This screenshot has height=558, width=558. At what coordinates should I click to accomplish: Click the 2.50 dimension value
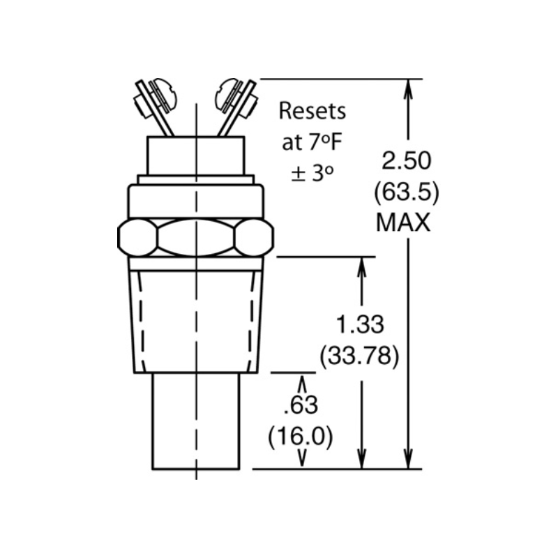[x=407, y=160]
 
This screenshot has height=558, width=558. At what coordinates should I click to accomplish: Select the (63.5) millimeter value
[x=407, y=193]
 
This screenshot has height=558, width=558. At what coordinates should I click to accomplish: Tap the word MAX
[x=403, y=223]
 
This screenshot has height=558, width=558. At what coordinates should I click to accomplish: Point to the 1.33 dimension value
[x=360, y=324]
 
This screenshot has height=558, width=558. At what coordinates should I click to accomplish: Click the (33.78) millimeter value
[x=359, y=356]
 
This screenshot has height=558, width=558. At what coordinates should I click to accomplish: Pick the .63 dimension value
[x=301, y=405]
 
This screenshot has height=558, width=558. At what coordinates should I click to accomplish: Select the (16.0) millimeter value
[x=301, y=437]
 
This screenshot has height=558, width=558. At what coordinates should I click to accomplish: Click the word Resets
[x=312, y=111]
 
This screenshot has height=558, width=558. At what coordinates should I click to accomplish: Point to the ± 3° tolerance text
[x=312, y=173]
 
